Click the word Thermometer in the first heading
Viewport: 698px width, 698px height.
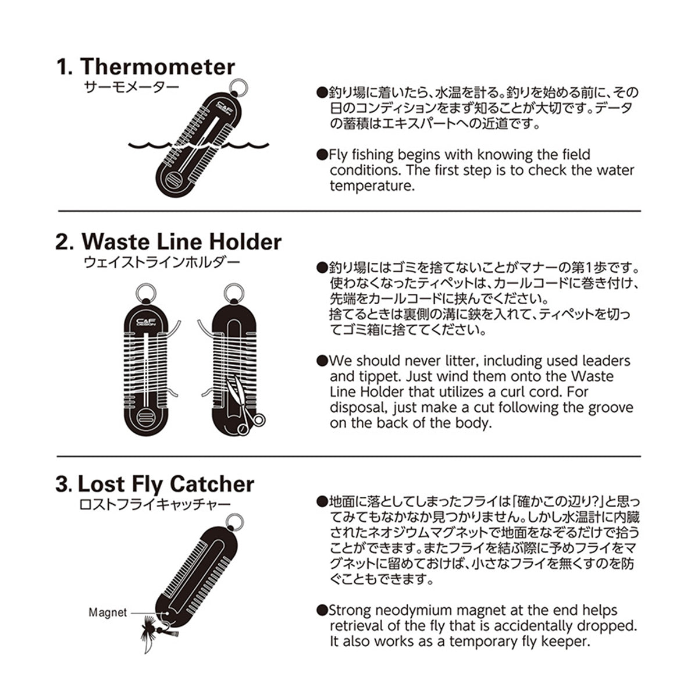click(158, 67)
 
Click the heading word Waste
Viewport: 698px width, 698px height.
click(117, 241)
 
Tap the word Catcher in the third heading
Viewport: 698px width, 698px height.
click(212, 484)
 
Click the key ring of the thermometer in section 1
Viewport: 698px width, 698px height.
click(238, 88)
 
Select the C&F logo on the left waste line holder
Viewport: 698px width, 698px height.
click(146, 322)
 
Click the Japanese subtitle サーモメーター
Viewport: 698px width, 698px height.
click(131, 87)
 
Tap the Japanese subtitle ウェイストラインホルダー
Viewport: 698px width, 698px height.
click(162, 262)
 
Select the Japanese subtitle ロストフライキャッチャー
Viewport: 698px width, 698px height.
click(155, 504)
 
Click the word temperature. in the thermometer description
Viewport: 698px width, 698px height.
click(372, 186)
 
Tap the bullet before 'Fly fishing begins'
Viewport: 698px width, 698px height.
click(322, 155)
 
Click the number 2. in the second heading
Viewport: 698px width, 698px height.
click(65, 241)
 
